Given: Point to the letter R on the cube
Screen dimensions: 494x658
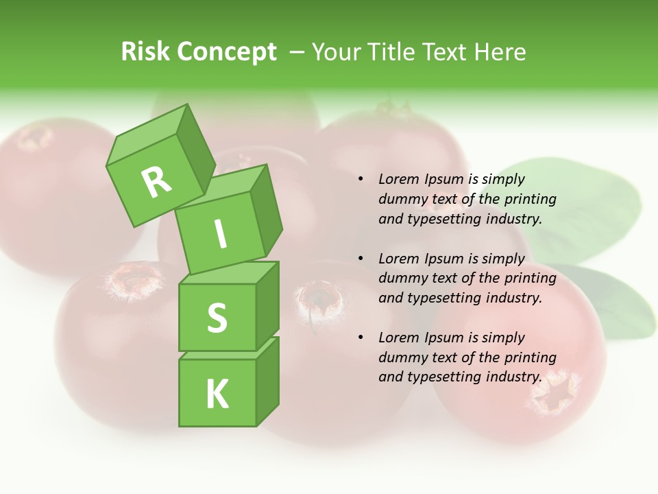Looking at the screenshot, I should [157, 181].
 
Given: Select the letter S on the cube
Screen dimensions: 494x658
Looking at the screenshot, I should [217, 318].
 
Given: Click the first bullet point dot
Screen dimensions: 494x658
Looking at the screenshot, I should [361, 179].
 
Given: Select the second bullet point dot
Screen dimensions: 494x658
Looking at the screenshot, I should [361, 259].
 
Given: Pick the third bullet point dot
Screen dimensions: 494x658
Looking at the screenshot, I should [361, 338].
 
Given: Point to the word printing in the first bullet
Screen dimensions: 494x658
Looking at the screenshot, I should [530, 199].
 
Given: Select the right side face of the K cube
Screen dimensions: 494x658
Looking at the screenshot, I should [268, 384].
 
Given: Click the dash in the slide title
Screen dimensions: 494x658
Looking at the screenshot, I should [297, 52].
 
